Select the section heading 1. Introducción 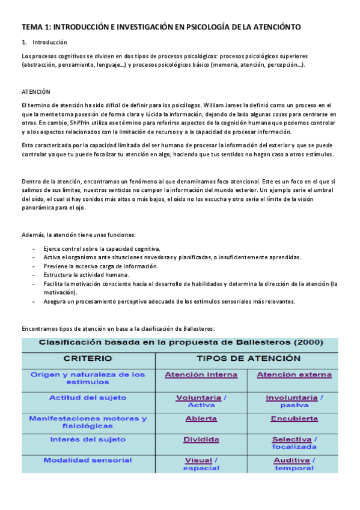(x=46, y=42)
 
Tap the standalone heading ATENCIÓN (x=36, y=91)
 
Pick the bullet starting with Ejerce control (x=101, y=248)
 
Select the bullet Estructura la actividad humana (x=90, y=274)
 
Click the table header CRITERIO (x=88, y=358)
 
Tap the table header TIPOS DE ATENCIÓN (x=249, y=358)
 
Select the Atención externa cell (x=294, y=375)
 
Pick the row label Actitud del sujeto (x=88, y=398)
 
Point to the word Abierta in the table (x=201, y=419)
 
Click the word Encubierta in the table (x=294, y=419)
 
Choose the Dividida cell (x=201, y=440)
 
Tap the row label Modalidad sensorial (x=88, y=460)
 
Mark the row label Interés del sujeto (x=88, y=440)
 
